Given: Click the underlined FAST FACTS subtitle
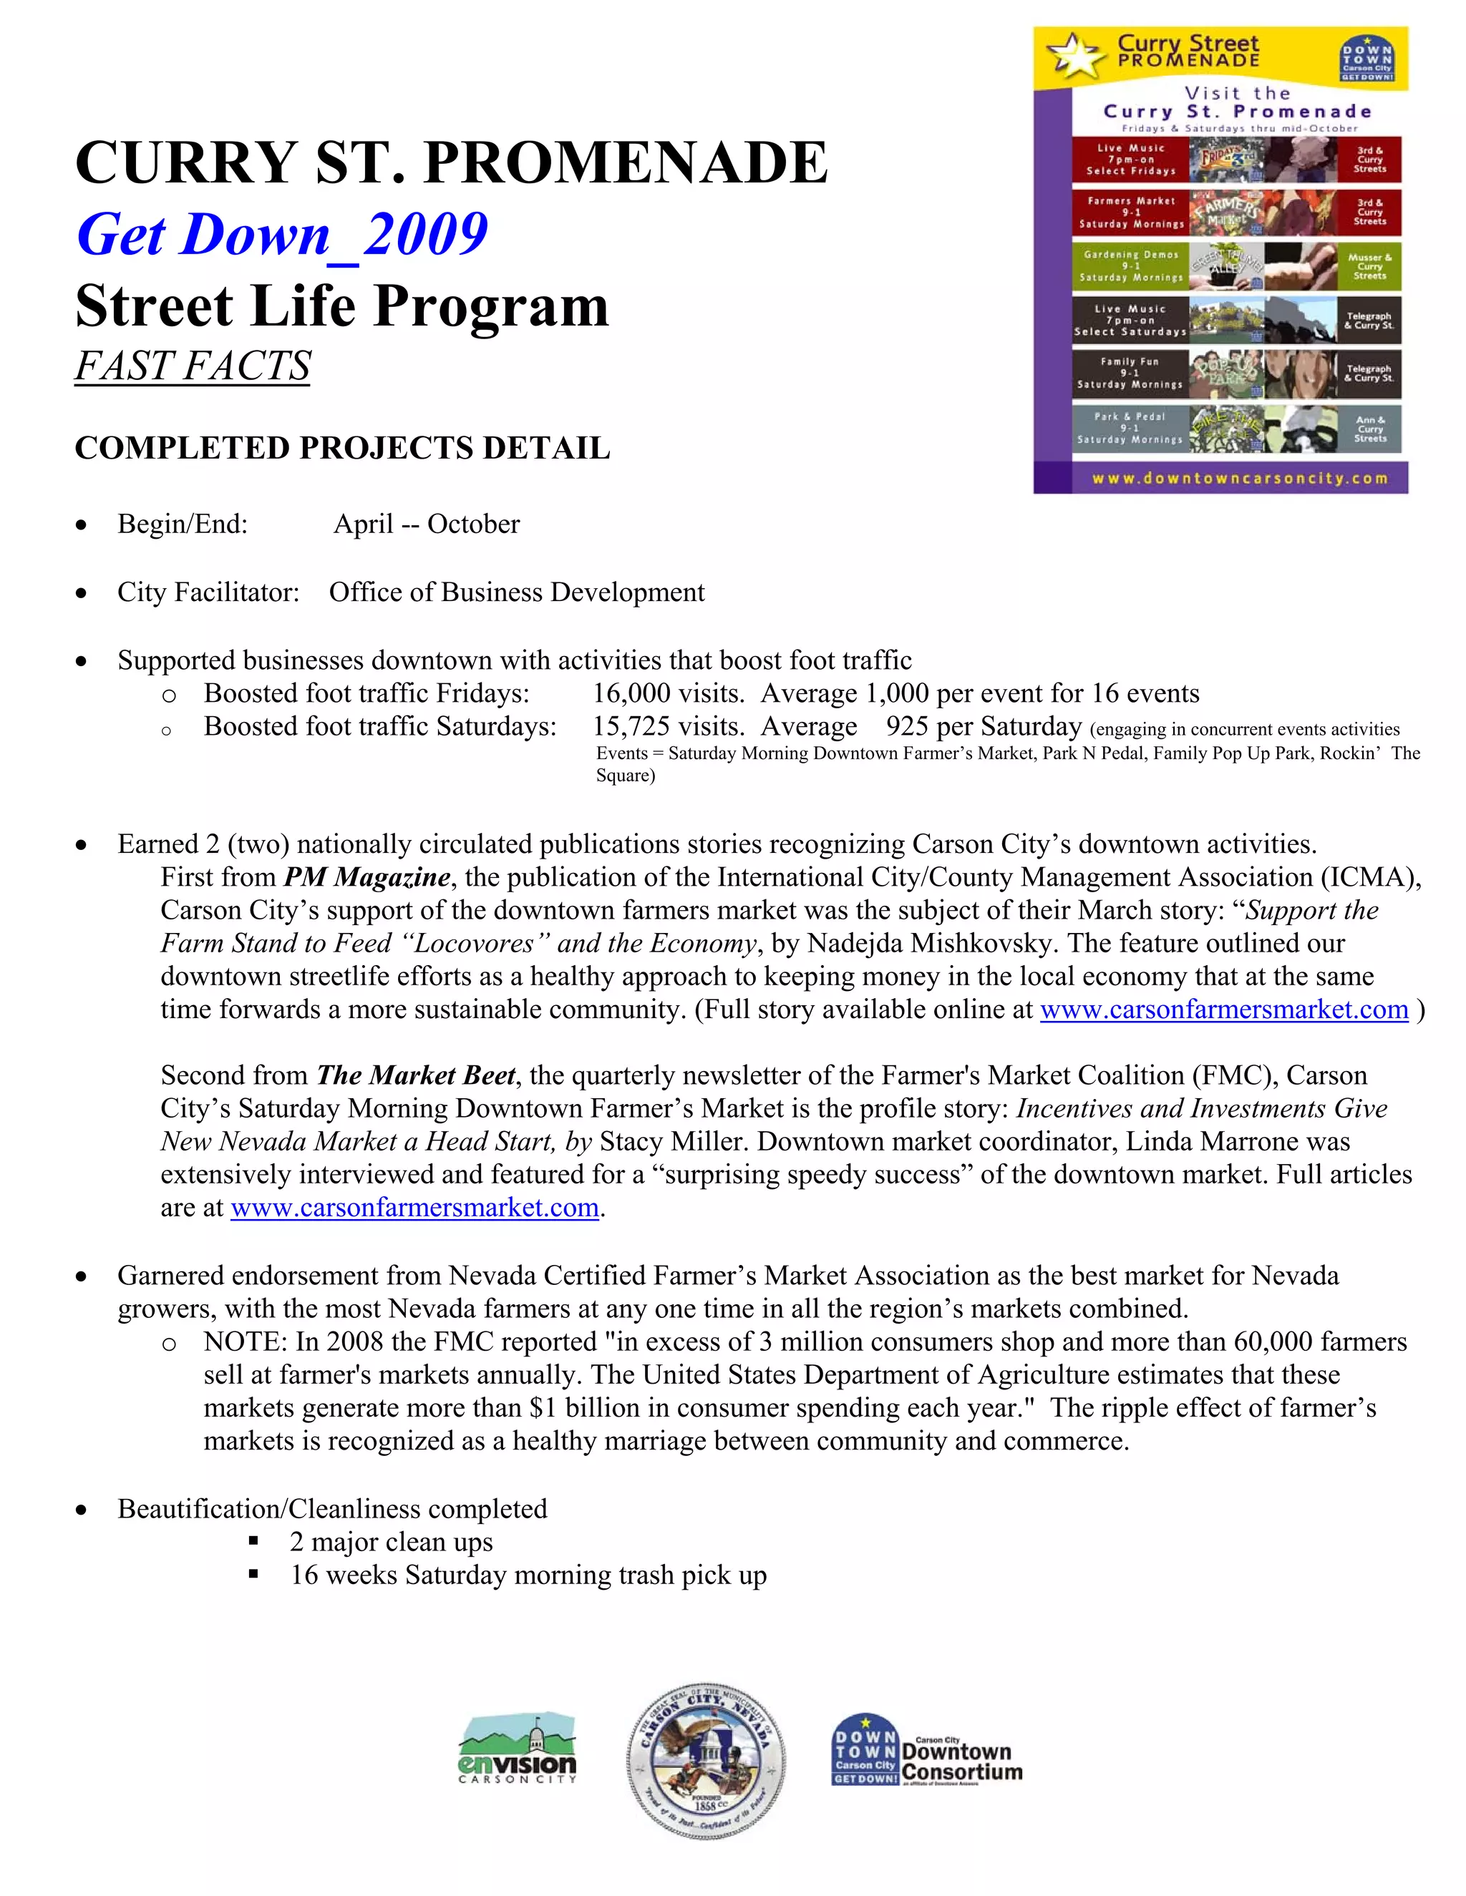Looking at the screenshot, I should tap(192, 366).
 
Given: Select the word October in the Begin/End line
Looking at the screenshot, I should tap(473, 524).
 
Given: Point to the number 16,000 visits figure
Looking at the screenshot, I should tap(668, 693).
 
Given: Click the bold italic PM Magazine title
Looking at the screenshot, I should tap(366, 878).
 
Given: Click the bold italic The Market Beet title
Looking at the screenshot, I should tap(416, 1075).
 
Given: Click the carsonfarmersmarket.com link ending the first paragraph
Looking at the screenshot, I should tap(1223, 1010).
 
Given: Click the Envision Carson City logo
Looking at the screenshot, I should tap(517, 1749).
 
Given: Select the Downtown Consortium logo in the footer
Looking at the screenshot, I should tap(927, 1750).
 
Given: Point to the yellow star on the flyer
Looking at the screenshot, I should tap(1075, 54).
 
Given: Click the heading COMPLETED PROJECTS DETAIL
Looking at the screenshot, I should tap(342, 448).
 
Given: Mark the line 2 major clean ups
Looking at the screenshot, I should tap(391, 1542).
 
